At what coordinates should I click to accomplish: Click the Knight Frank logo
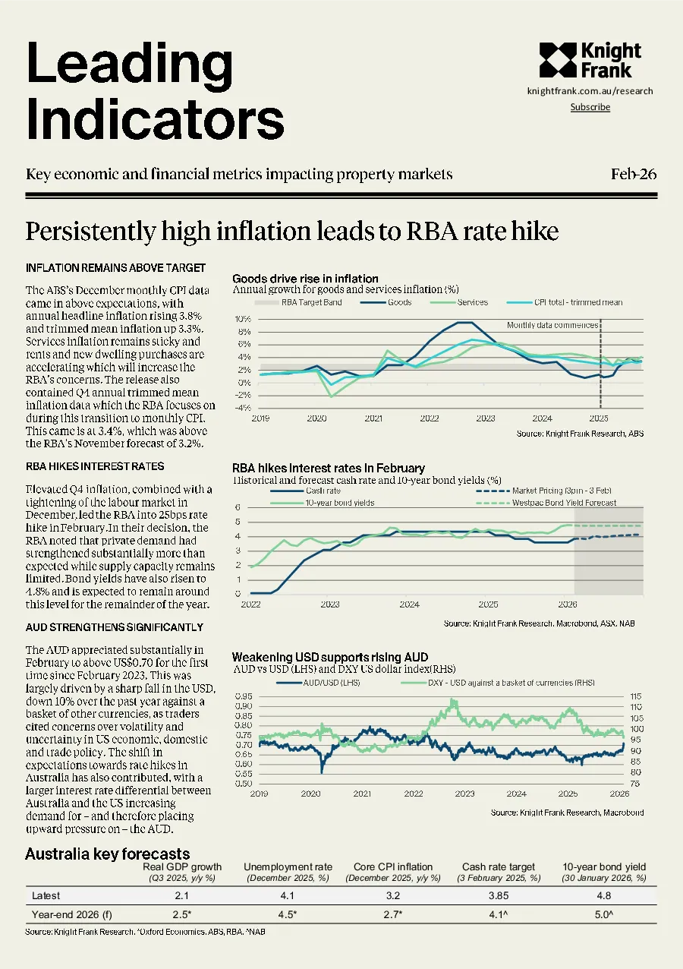pyautogui.click(x=590, y=61)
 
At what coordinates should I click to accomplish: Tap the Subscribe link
pyautogui.click(x=590, y=107)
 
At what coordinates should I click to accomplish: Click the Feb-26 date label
pyautogui.click(x=634, y=174)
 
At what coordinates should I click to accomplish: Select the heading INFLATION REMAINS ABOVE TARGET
pyautogui.click(x=115, y=268)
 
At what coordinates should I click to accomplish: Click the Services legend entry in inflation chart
pyautogui.click(x=459, y=302)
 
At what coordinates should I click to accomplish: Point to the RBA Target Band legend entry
pyautogui.click(x=297, y=302)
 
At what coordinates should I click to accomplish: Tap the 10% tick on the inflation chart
pyautogui.click(x=243, y=319)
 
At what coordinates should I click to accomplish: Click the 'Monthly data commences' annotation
pyautogui.click(x=552, y=325)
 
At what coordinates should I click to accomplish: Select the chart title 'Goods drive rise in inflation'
pyautogui.click(x=305, y=279)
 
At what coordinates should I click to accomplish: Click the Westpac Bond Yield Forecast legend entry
pyautogui.click(x=546, y=503)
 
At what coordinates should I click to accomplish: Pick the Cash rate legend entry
pyautogui.click(x=305, y=491)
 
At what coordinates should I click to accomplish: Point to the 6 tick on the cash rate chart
pyautogui.click(x=238, y=507)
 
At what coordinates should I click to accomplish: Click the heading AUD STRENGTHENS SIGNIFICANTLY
pyautogui.click(x=114, y=627)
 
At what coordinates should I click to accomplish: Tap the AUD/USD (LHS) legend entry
pyautogui.click(x=318, y=683)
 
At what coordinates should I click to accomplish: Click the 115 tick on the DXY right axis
pyautogui.click(x=636, y=696)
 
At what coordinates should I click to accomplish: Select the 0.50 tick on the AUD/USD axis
pyautogui.click(x=244, y=784)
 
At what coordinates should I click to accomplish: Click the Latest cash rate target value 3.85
pyautogui.click(x=499, y=895)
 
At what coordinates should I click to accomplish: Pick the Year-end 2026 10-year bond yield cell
pyautogui.click(x=604, y=914)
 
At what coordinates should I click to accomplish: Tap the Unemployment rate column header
pyautogui.click(x=288, y=867)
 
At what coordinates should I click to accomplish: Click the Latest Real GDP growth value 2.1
pyautogui.click(x=181, y=895)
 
